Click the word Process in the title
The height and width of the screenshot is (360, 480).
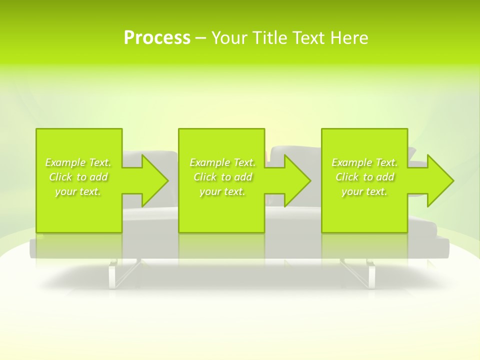[x=157, y=38]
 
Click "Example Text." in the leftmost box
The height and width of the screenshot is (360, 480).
[x=78, y=162]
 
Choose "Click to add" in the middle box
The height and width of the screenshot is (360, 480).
[x=222, y=177]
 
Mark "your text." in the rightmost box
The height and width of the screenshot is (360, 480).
[x=364, y=191]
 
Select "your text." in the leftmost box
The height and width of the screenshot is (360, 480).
[x=78, y=191]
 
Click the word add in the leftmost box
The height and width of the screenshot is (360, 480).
[x=98, y=177]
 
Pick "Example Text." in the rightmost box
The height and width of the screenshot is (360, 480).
[x=364, y=162]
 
